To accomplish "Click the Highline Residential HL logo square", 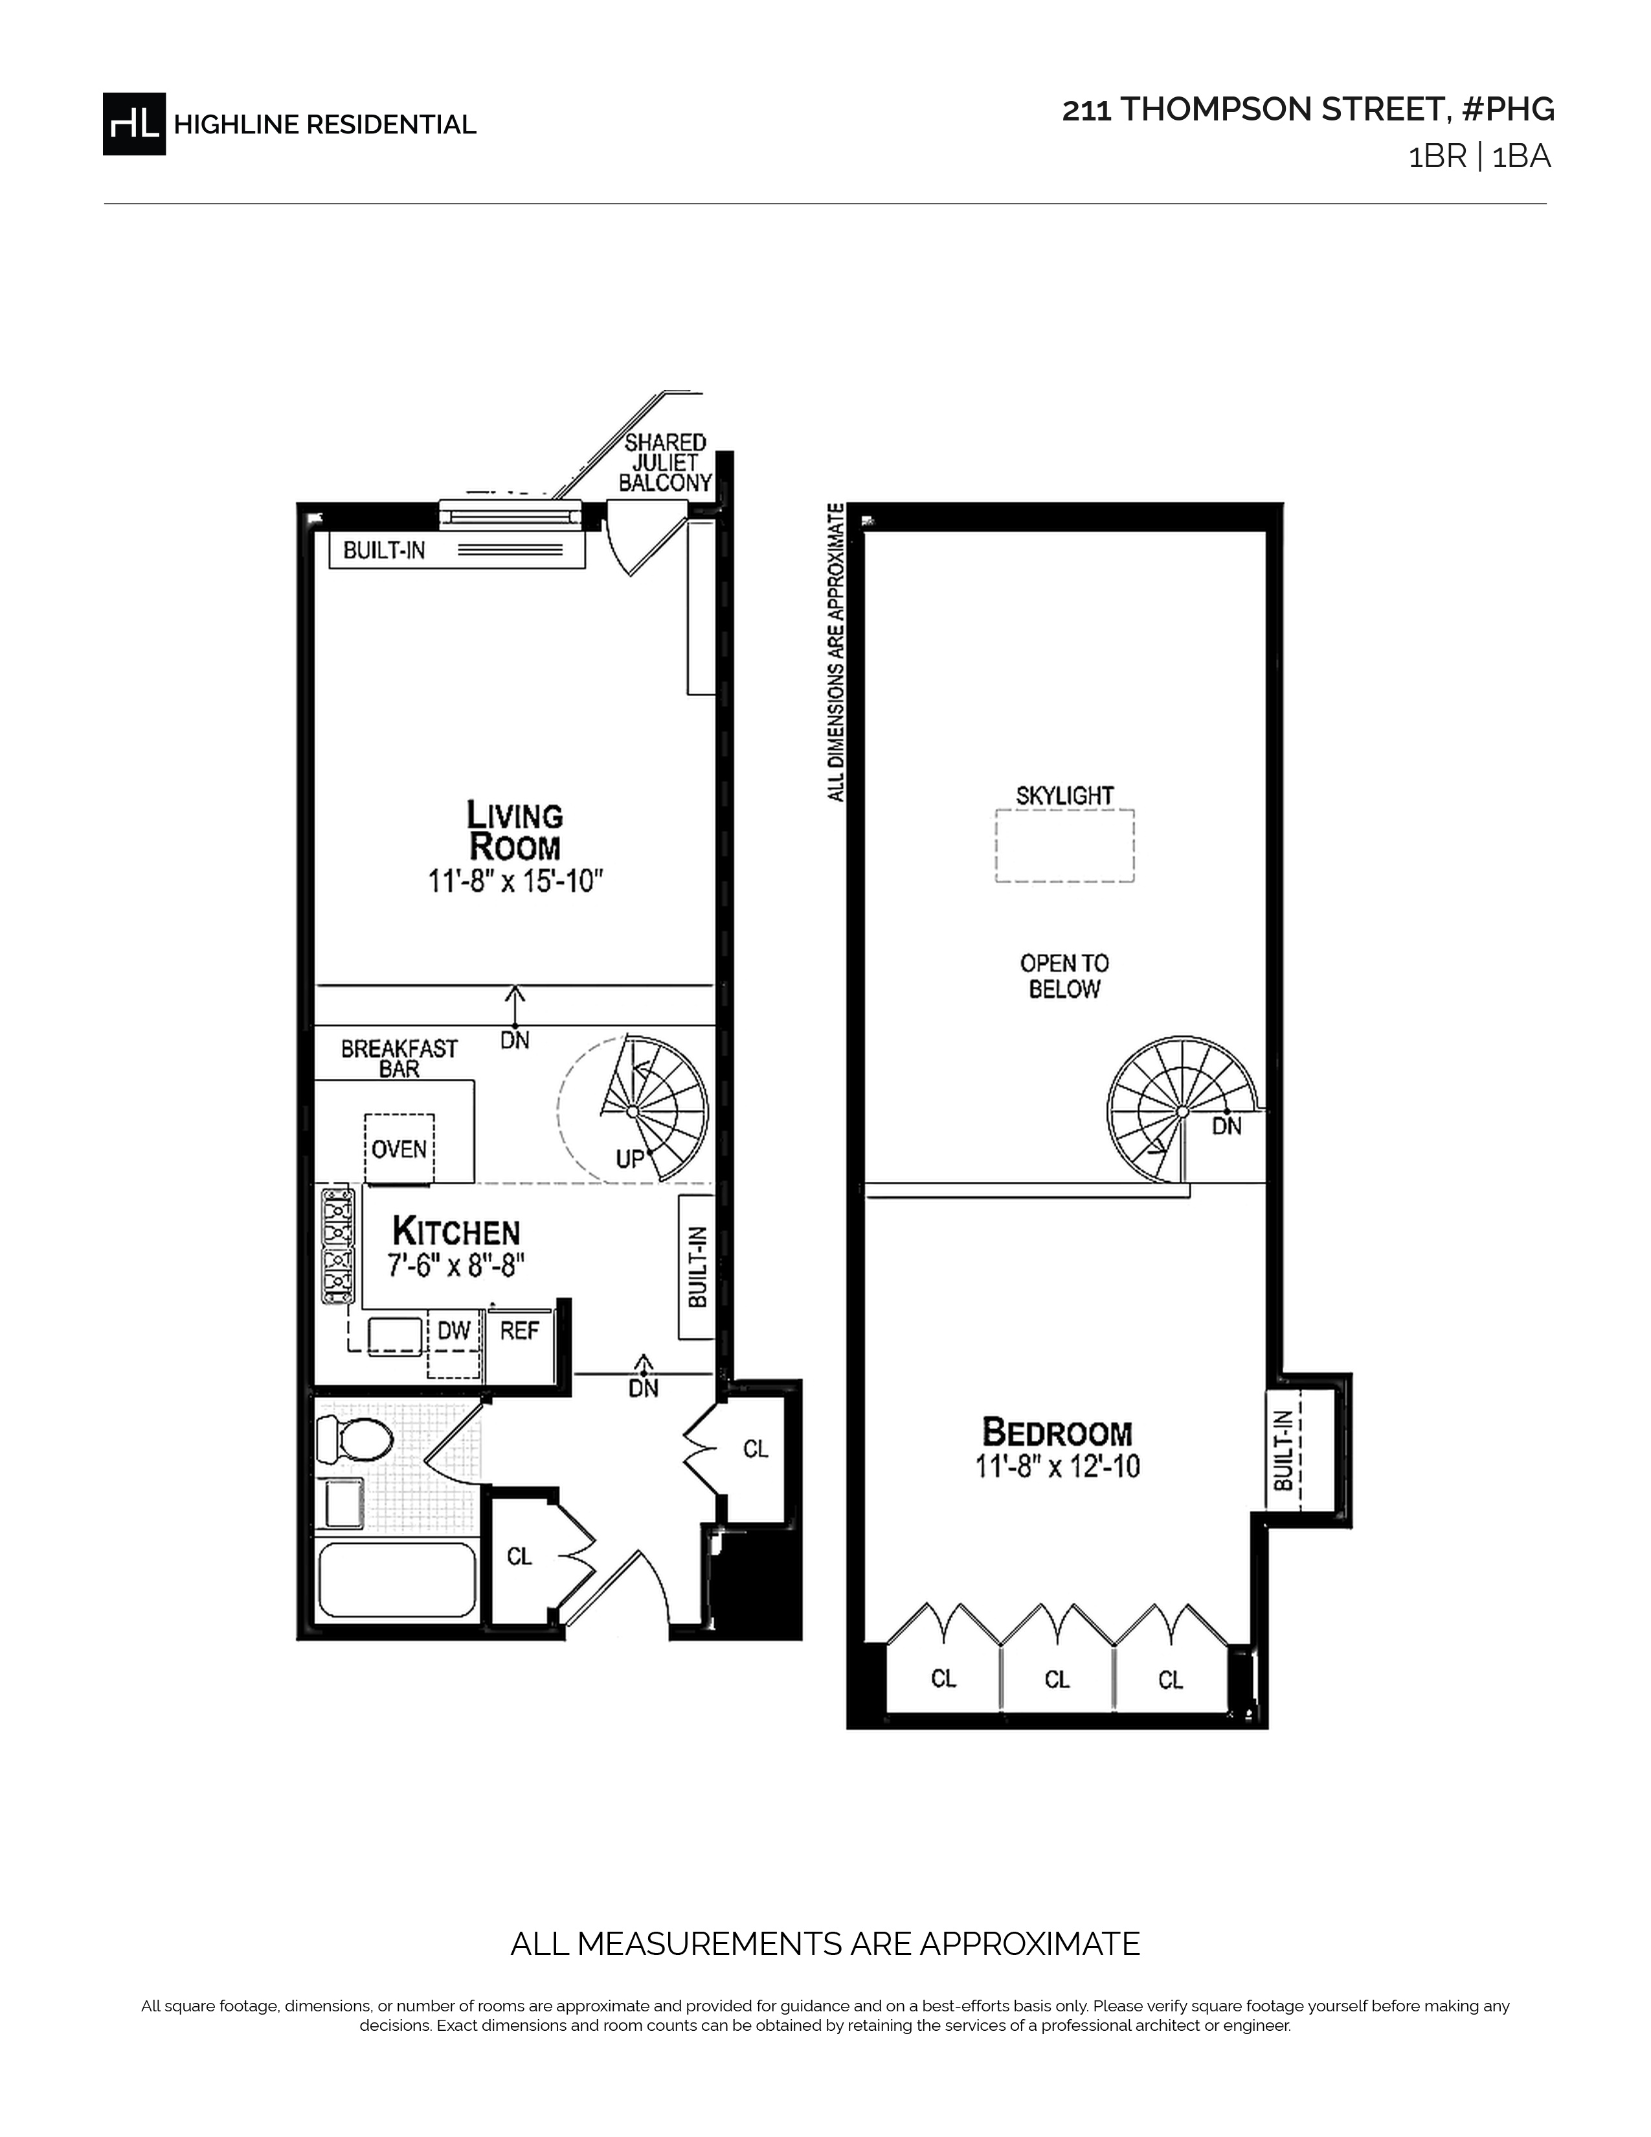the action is click(x=134, y=123).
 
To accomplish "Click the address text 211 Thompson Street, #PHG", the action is click(x=1308, y=109).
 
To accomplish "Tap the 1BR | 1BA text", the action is click(x=1479, y=157).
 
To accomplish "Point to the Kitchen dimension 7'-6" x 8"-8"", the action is click(x=456, y=1266).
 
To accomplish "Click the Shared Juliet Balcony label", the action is click(x=665, y=463).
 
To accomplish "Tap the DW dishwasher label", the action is click(x=454, y=1331).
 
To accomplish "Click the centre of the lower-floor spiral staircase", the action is click(x=633, y=1111).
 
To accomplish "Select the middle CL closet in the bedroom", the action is click(x=1057, y=1680).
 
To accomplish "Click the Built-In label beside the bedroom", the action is click(x=1283, y=1450).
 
